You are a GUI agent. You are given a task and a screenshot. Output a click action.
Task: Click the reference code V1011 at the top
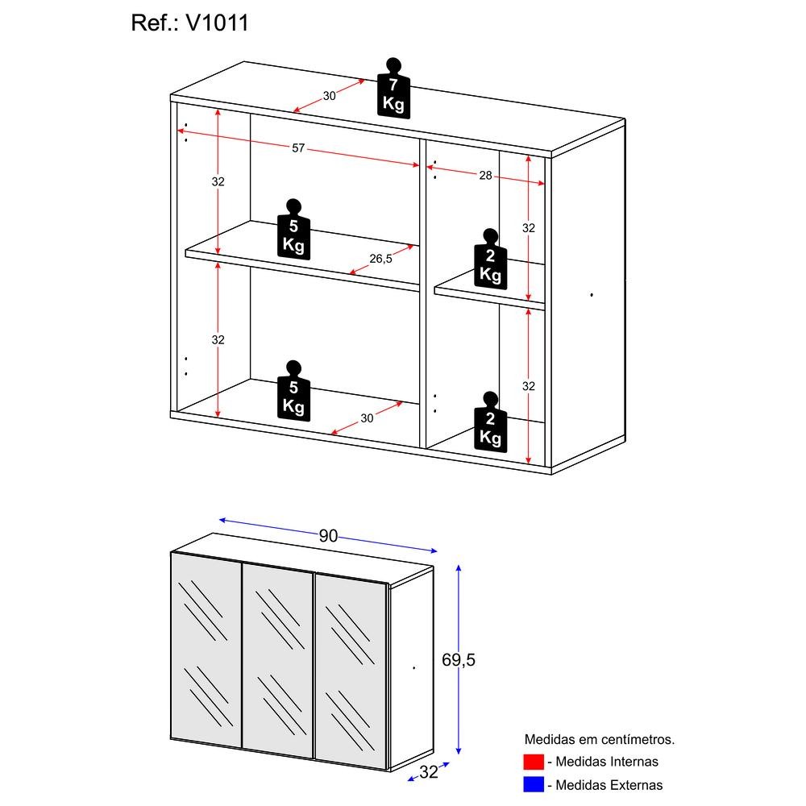pos(217,23)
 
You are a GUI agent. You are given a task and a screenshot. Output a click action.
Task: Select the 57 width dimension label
pos(298,148)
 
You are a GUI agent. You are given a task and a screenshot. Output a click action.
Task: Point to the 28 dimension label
pos(485,175)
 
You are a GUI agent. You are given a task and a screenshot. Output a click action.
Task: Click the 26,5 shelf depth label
pos(380,259)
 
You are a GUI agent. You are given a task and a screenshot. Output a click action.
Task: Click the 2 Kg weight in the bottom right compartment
pos(490,423)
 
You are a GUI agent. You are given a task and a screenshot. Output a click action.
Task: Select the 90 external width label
pos(328,536)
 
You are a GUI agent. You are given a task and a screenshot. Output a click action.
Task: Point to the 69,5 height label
pos(459,659)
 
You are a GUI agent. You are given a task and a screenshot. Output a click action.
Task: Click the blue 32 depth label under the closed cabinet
pos(428,772)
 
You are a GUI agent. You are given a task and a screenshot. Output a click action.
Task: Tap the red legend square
pos(533,762)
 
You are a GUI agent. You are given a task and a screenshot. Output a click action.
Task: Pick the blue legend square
pos(533,784)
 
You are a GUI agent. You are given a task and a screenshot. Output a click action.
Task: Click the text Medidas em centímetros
pos(599,739)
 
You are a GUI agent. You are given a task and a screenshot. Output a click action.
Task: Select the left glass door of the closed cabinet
pos(206,654)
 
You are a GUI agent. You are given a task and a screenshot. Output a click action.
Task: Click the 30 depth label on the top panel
pos(329,96)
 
